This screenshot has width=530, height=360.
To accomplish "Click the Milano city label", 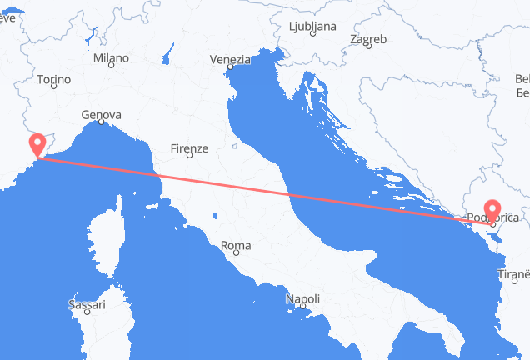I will pyautogui.click(x=111, y=58).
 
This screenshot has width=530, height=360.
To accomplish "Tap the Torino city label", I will pyautogui.click(x=52, y=79).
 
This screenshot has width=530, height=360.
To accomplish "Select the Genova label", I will pyautogui.click(x=102, y=115).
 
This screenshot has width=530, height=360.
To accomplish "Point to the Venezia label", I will pyautogui.click(x=231, y=60).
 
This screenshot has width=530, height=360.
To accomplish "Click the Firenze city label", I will pyautogui.click(x=188, y=148).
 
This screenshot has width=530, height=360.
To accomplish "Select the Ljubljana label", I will pyautogui.click(x=312, y=26).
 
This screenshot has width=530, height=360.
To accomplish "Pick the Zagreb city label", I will pyautogui.click(x=368, y=39).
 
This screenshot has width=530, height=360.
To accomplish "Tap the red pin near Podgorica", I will pyautogui.click(x=492, y=209).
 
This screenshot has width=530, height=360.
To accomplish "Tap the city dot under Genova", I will pyautogui.click(x=101, y=123).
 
